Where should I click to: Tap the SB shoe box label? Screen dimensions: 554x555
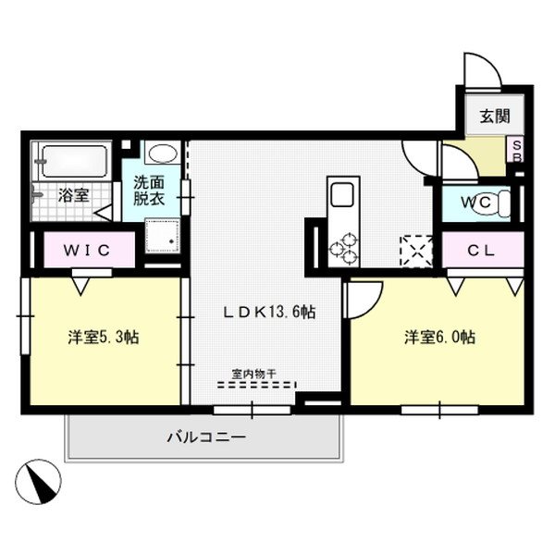517,150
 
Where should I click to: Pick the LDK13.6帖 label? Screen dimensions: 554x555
267,312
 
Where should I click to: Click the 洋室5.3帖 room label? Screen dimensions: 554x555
103,337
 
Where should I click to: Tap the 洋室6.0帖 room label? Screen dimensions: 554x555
438,337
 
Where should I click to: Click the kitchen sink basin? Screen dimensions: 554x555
341,196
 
